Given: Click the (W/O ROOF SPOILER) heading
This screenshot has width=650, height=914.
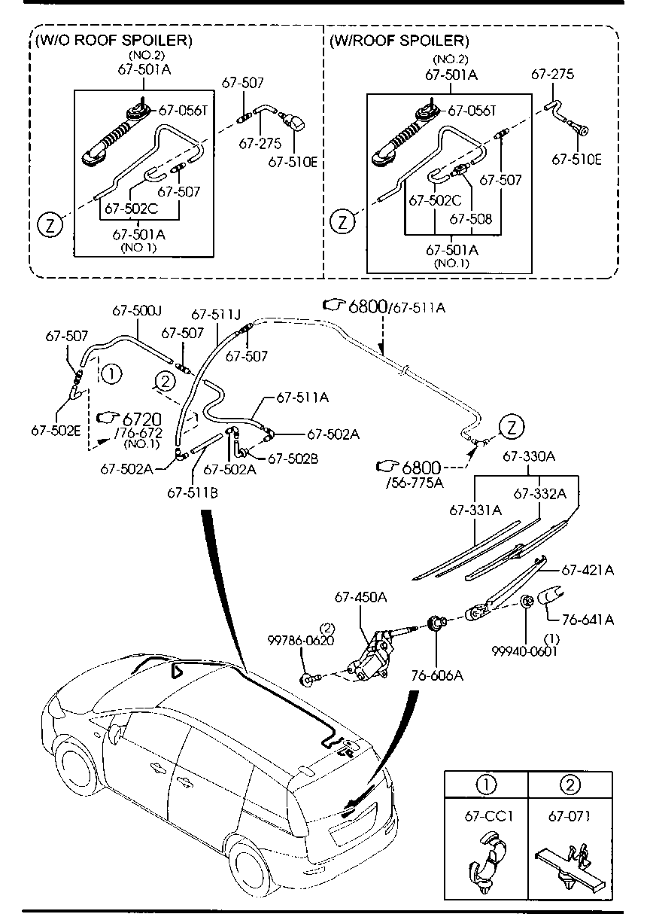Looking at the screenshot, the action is tap(114, 41).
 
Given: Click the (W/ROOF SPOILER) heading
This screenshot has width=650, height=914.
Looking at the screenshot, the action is tap(399, 41).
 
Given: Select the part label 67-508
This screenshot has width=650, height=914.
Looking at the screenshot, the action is tap(471, 219).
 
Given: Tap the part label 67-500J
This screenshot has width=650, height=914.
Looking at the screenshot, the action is tap(137, 311).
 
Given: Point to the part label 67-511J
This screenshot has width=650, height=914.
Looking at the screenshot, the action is tap(216, 314).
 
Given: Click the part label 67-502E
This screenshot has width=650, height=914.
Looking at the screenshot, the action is tap(56, 431).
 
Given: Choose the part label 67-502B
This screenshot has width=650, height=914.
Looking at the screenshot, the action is tap(293, 459).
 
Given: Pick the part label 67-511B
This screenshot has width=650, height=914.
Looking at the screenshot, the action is tap(193, 493).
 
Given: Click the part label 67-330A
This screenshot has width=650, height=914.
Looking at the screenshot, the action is tap(529, 455).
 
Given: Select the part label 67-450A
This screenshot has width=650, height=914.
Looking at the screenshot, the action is tap(360, 597).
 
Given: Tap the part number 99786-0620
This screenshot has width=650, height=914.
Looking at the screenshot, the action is tap(300, 640).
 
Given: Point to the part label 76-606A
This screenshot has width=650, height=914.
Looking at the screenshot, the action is tap(437, 675).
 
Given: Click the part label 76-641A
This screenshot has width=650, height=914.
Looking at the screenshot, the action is tap(588, 620).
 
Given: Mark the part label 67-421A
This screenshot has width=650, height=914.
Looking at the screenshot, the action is tap(588, 570).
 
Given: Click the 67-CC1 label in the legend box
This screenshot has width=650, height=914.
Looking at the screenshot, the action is tap(488, 816).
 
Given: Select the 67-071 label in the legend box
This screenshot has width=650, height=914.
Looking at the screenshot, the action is tap(570, 816).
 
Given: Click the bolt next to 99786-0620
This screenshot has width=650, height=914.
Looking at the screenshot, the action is tap(311, 678).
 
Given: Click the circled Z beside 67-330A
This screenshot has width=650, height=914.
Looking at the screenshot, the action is tap(512, 427).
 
